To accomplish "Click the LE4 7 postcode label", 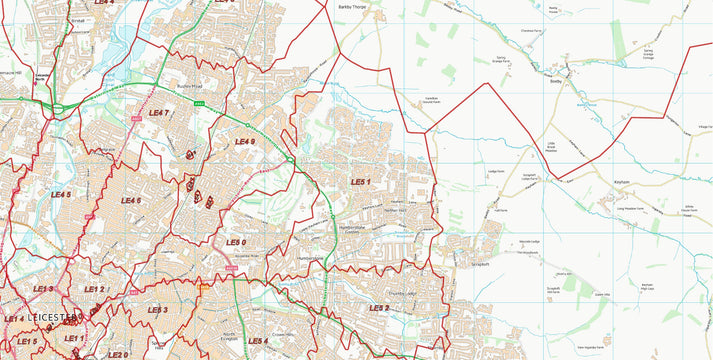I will click(x=158, y=113).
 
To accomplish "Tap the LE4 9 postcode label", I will click(x=245, y=142).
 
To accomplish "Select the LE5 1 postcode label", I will click(x=361, y=181).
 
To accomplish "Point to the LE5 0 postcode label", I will click(x=236, y=242).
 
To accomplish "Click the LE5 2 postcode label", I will click(x=379, y=308).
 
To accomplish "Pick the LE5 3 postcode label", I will click(x=157, y=310).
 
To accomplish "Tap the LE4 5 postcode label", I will click(x=61, y=194).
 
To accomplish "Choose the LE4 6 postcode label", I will click(x=131, y=200).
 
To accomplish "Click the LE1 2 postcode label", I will click(x=94, y=289).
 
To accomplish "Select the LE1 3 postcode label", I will click(x=42, y=289).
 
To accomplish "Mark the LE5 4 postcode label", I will click(x=258, y=341).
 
